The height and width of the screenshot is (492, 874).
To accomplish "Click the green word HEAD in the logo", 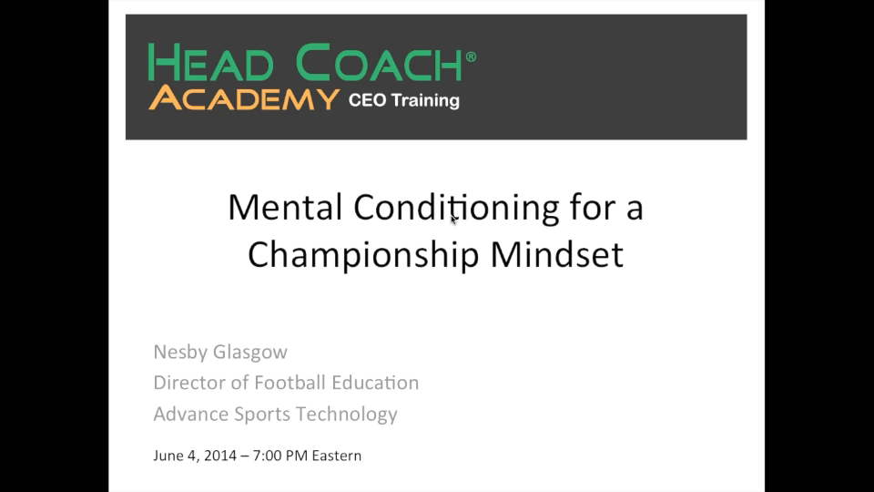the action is coord(211,63).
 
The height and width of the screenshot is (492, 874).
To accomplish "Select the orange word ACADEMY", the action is coord(244,98).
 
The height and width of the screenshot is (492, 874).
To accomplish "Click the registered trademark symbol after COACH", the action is coord(471,56).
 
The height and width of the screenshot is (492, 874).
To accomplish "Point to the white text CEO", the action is coord(367,100).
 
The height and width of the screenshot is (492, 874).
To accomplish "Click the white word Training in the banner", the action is coord(425,101).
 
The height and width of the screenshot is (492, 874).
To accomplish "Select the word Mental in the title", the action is coord(285,207).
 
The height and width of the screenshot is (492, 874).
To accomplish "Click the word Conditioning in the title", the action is coord(456,209).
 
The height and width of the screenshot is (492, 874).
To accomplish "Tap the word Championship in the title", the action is coord(363,255).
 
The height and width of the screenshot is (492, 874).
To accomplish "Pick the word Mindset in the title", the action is coord(557,254).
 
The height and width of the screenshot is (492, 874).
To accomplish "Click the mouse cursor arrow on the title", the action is coord(453,220).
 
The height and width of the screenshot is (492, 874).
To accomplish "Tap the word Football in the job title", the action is coord(290,383).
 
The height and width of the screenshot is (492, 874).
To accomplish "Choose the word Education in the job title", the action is coord(375,383).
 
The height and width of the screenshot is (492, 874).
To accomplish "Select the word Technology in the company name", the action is coord(346,415).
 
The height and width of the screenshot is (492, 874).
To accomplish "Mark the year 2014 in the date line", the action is coord(220,456).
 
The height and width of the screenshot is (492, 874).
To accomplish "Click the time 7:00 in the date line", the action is coord(267,456).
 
